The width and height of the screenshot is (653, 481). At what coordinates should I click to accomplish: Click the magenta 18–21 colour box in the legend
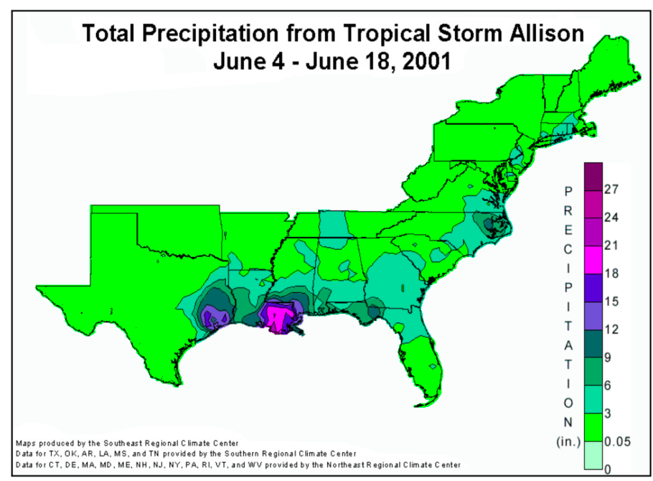click(x=593, y=259)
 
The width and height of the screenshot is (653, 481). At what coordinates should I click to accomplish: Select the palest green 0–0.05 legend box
click(x=593, y=455)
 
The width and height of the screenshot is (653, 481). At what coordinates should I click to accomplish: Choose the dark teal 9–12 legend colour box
click(x=593, y=343)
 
